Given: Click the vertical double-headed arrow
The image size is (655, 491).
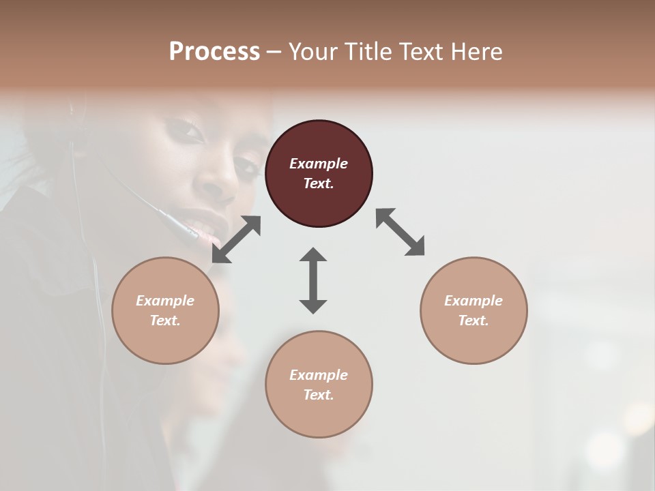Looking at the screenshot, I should coord(313,280).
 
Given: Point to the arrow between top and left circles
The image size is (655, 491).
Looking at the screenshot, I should coord(236,239).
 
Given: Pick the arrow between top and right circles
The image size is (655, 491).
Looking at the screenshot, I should coord(401,232).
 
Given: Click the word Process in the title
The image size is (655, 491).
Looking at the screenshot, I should coord(214,51).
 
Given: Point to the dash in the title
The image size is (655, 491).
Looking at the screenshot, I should coord(274,52).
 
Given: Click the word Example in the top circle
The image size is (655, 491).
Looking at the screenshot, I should coord(319,164).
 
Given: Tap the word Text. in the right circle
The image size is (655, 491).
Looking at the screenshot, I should coord(474,321).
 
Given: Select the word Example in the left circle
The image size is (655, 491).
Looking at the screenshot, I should coord(165,301).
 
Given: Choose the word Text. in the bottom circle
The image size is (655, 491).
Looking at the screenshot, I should coord(319,395).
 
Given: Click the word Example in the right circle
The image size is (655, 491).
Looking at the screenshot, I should coord(474,301).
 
